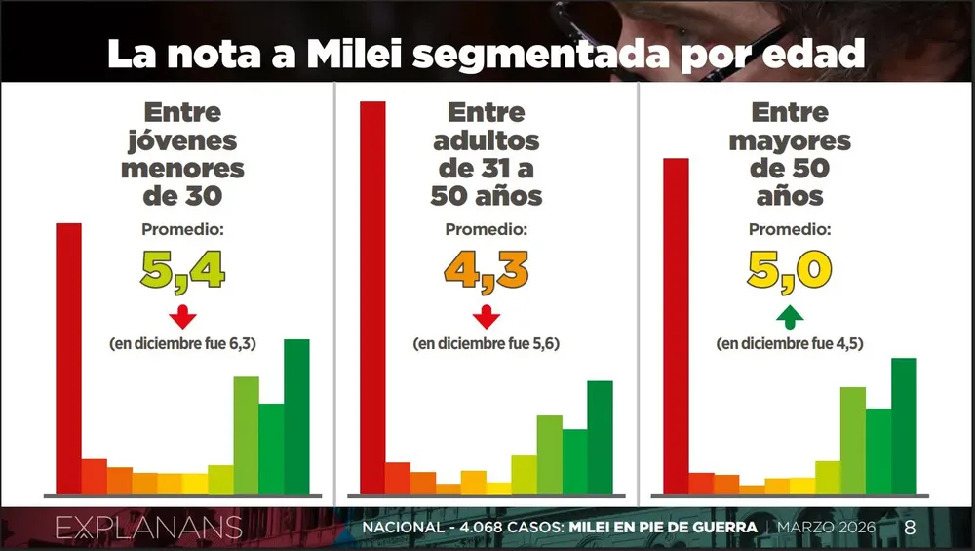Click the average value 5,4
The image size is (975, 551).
pyautogui.click(x=183, y=270)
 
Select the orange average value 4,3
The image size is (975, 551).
pyautogui.click(x=487, y=270)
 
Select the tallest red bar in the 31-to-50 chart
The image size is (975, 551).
pyautogui.click(x=372, y=297)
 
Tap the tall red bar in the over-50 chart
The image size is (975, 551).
pyautogui.click(x=676, y=326)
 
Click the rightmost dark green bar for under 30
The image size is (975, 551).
pyautogui.click(x=296, y=416)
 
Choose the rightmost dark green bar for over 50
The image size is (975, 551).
pyautogui.click(x=904, y=426)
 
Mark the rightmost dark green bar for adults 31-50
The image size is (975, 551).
pyautogui.click(x=600, y=437)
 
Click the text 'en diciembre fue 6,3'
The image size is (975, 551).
pyautogui.click(x=182, y=344)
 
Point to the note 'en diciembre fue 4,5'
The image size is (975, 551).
pyautogui.click(x=790, y=344)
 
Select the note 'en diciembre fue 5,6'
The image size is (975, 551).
pyautogui.click(x=487, y=344)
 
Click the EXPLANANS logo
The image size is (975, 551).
pyautogui.click(x=148, y=529)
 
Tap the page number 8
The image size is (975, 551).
pyautogui.click(x=910, y=528)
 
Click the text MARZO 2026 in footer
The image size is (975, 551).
pyautogui.click(x=826, y=528)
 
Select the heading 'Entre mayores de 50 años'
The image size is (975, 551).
pyautogui.click(x=790, y=154)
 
